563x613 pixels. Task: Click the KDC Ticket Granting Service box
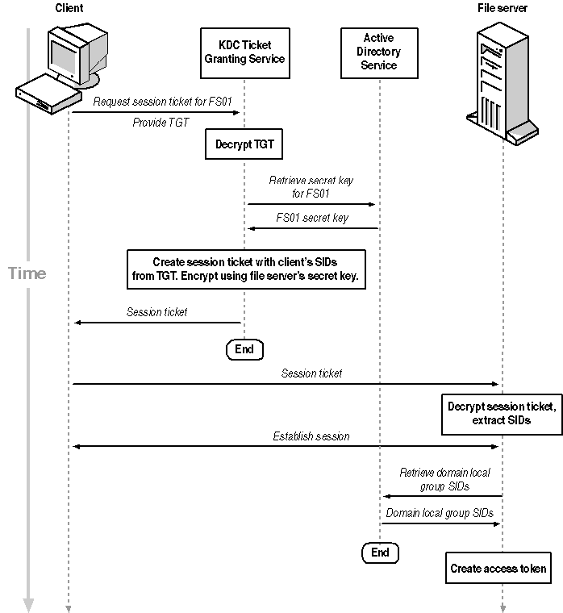[x=244, y=52]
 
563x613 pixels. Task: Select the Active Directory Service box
[x=379, y=52]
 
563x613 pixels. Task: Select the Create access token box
[x=498, y=568]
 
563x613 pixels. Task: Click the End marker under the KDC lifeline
[x=244, y=349]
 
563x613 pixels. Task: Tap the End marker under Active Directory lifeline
[x=380, y=553]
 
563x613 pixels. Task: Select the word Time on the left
[x=27, y=273]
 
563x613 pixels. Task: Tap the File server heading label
[x=502, y=8]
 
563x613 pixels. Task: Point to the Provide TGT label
[x=161, y=123]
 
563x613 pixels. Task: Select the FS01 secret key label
[x=312, y=218]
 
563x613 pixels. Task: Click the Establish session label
[x=311, y=436]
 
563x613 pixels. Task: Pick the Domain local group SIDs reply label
[x=440, y=513]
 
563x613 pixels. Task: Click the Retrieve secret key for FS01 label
[x=311, y=187]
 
